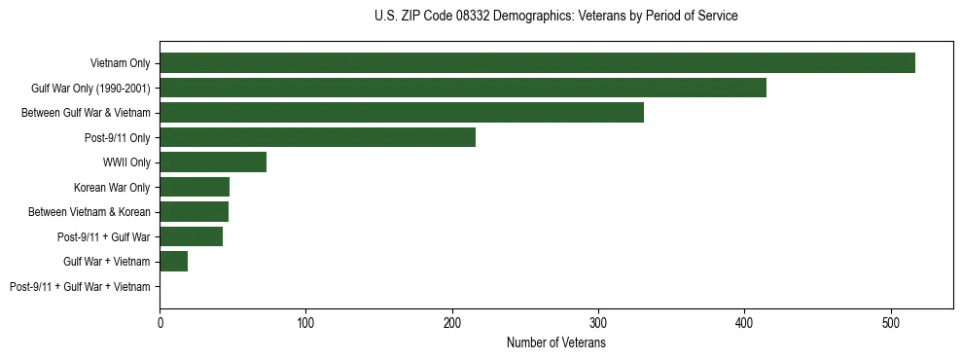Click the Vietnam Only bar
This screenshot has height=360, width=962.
tap(537, 63)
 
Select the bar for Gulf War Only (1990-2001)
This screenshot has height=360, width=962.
tap(463, 88)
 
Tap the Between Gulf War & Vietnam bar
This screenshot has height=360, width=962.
tap(402, 113)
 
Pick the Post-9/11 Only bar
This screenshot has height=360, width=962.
tap(317, 137)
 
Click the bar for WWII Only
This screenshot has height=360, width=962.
tap(213, 162)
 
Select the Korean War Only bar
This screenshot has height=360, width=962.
tap(195, 187)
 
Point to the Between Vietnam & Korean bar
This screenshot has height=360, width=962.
tap(194, 212)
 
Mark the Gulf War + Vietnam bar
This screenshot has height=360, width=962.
tap(173, 262)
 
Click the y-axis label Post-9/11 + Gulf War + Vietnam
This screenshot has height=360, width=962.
tap(80, 287)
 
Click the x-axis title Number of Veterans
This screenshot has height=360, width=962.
tap(556, 343)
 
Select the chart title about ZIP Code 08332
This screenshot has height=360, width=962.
tap(556, 17)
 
